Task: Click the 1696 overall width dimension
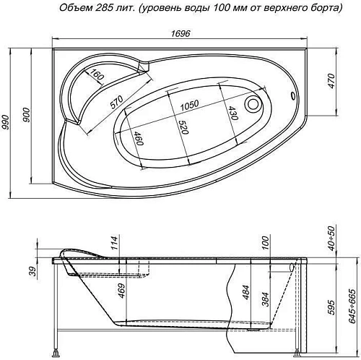181,32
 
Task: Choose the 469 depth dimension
121,291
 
